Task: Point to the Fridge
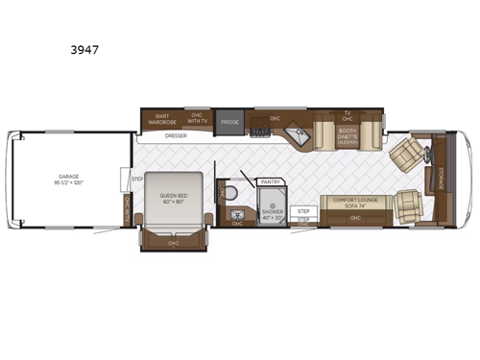[x=228, y=122]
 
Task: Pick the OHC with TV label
[x=198, y=119]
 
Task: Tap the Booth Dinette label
[x=348, y=136]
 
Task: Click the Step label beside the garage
[x=125, y=180]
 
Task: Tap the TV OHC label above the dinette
[x=348, y=116]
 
